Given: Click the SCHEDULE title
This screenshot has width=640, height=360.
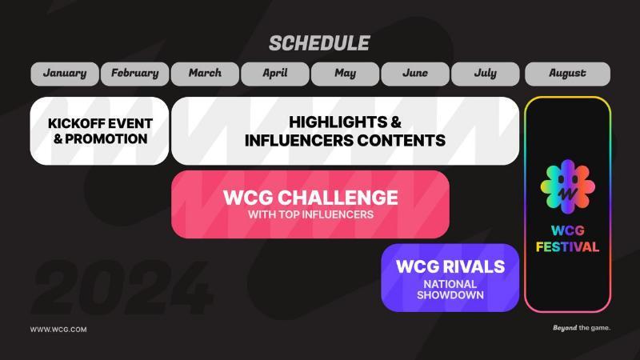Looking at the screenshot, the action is click(319, 43).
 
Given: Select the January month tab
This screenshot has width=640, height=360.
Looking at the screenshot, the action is click(65, 74).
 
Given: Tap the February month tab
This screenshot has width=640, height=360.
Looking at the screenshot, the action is click(134, 74).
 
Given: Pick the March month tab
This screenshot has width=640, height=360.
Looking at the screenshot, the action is click(205, 74).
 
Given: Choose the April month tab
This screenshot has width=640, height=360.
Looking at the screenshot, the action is click(275, 74).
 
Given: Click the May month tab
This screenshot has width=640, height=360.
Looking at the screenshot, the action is click(346, 74).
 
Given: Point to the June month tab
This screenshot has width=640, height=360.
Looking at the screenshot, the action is click(415, 74).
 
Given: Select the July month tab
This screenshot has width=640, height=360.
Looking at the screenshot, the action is click(486, 74).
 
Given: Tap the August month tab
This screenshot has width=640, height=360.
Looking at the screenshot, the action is click(567, 74).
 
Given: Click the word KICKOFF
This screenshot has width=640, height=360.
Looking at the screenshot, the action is click(75, 124).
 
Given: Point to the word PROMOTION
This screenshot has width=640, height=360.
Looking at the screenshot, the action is click(106, 138).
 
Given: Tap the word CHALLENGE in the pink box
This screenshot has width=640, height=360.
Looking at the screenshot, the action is click(339, 198).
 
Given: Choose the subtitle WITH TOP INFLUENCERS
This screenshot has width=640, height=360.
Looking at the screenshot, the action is click(310, 214).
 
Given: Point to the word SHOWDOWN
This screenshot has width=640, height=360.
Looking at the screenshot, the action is click(450, 295).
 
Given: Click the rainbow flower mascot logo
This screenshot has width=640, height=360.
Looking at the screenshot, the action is click(568, 186).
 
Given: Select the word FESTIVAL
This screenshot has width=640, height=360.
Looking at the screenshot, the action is click(567, 247).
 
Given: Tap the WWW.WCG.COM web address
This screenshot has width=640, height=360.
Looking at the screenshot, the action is click(58, 330).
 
